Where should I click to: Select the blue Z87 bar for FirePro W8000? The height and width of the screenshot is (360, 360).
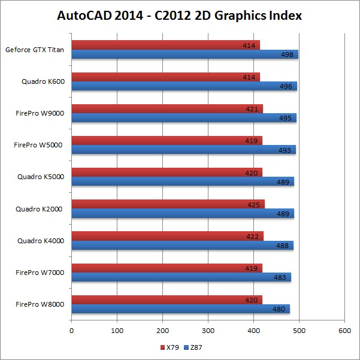click(180, 308)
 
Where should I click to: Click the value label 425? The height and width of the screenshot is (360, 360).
click(254, 204)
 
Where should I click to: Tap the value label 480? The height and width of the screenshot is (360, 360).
click(277, 309)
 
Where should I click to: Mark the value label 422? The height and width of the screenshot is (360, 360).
click(252, 236)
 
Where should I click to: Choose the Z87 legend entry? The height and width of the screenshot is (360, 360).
click(193, 347)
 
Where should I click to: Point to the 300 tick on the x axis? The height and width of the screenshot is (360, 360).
click(208, 330)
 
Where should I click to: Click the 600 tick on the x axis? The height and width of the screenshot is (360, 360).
click(344, 330)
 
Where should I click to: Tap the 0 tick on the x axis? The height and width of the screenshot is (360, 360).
click(71, 330)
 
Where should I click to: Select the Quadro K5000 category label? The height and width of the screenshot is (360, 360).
click(41, 177)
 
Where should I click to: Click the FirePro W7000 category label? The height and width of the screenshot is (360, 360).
click(40, 273)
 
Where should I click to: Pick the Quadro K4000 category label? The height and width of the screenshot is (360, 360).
click(41, 241)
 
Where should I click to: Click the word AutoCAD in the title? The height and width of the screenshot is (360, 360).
click(87, 16)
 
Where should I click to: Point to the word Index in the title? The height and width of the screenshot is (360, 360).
click(283, 16)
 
